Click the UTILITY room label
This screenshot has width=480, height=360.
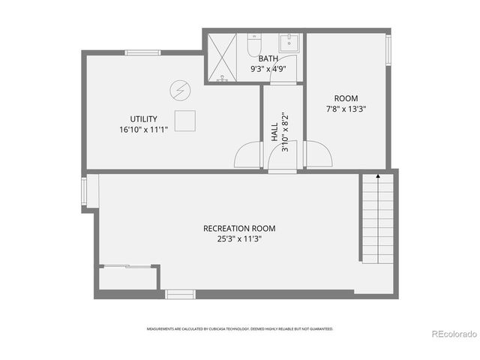pyautogui.click(x=142, y=119)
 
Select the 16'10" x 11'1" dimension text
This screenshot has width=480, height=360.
pyautogui.click(x=142, y=129)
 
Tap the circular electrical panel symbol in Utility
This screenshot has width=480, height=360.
pyautogui.click(x=179, y=91)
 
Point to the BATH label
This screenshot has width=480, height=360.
pyautogui.click(x=268, y=58)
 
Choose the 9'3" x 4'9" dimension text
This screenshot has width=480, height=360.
pyautogui.click(x=268, y=68)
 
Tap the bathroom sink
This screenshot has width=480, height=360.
pyautogui.click(x=289, y=42)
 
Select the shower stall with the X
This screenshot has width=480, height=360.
pyautogui.click(x=224, y=56)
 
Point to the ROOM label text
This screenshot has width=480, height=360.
pyautogui.click(x=346, y=98)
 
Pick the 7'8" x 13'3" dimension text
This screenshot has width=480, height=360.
pyautogui.click(x=346, y=108)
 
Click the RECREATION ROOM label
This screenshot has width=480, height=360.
pyautogui.click(x=239, y=229)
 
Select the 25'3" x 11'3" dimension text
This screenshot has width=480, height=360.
pyautogui.click(x=239, y=239)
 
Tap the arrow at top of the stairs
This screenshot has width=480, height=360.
pyautogui.click(x=377, y=177)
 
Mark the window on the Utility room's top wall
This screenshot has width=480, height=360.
pyautogui.click(x=142, y=52)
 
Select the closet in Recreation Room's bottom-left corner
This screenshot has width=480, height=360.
pyautogui.click(x=127, y=277)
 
